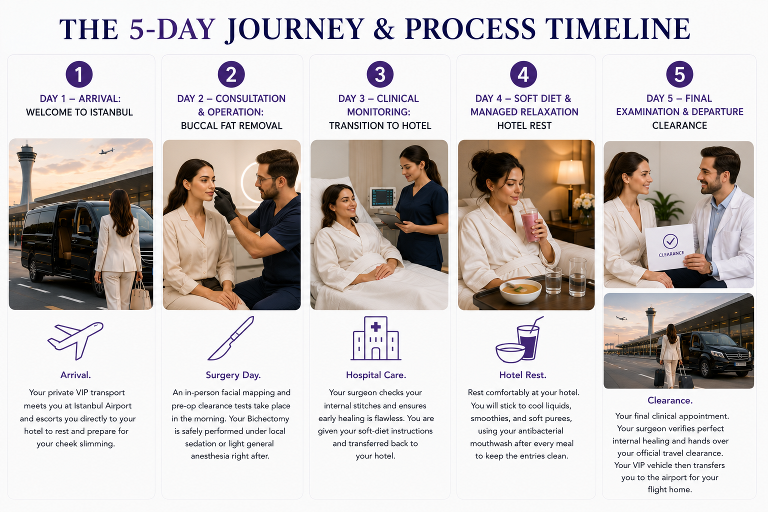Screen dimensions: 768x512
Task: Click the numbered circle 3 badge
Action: point(380,74)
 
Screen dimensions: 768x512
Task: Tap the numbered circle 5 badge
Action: point(679,74)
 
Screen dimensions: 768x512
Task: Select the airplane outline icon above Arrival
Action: point(75,340)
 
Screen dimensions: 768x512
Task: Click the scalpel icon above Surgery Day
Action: point(231,338)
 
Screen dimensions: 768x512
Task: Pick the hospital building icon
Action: point(376,338)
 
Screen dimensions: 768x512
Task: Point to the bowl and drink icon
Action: point(519,339)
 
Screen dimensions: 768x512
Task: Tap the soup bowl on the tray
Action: point(520,291)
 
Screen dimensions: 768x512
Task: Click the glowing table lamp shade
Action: point(570,172)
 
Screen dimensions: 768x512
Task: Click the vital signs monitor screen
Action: point(382,197)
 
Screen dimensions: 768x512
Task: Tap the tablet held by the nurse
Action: point(389,221)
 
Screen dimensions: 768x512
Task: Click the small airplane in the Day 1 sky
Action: point(106,151)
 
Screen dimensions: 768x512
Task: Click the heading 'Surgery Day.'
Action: point(233,375)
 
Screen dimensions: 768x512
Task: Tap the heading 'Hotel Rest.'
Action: point(523,375)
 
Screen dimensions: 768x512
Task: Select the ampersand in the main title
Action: point(384,29)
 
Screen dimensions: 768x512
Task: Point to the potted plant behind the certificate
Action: point(664,208)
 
